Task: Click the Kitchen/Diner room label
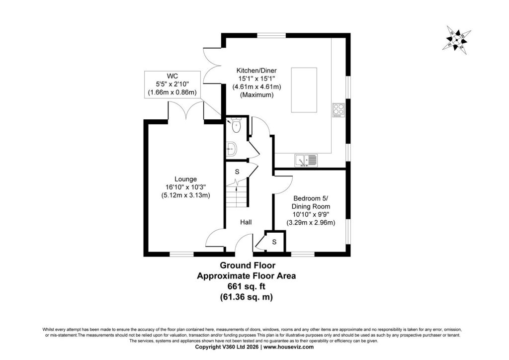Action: pyautogui.click(x=256, y=71)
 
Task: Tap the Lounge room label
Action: pyautogui.click(x=186, y=179)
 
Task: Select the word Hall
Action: pyautogui.click(x=246, y=222)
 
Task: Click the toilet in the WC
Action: pyautogui.click(x=236, y=126)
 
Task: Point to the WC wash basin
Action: pyautogui.click(x=232, y=149)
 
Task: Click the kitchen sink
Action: pyautogui.click(x=306, y=161)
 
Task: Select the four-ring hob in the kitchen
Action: pyautogui.click(x=338, y=110)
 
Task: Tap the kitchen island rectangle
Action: pyautogui.click(x=304, y=90)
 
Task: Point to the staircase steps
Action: pyautogui.click(x=237, y=196)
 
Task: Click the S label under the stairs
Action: pyautogui.click(x=237, y=172)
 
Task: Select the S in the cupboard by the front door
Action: pyautogui.click(x=274, y=242)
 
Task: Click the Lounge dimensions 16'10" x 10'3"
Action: pyautogui.click(x=186, y=187)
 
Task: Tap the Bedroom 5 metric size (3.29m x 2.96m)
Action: pyautogui.click(x=311, y=223)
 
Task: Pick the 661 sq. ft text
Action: pyautogui.click(x=246, y=286)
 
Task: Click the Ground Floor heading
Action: pyautogui.click(x=248, y=265)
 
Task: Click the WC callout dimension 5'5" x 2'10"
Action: pyautogui.click(x=172, y=85)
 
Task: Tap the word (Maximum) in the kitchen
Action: pyautogui.click(x=256, y=95)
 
